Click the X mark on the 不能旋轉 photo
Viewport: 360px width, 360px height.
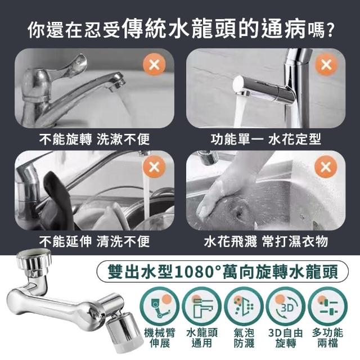point(154,65)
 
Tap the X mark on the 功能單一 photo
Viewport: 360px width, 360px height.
point(326,65)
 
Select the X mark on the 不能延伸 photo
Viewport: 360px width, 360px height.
point(154,166)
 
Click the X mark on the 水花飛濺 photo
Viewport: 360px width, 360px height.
point(326,166)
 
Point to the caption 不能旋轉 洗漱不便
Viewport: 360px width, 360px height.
point(94,139)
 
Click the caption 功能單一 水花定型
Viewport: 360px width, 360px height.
point(265,139)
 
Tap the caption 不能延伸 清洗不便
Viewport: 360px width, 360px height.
point(94,241)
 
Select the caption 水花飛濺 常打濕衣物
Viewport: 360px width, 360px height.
point(265,241)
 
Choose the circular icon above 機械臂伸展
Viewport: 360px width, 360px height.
point(159,307)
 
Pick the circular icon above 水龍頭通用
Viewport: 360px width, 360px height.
point(201,307)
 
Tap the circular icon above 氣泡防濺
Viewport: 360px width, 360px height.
point(244,307)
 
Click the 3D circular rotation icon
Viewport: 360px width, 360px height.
point(285,307)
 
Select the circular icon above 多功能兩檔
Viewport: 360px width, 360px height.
point(327,307)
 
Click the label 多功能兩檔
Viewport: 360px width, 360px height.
point(327,338)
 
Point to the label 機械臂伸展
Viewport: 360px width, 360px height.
point(159,338)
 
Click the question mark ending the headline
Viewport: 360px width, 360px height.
point(330,30)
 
